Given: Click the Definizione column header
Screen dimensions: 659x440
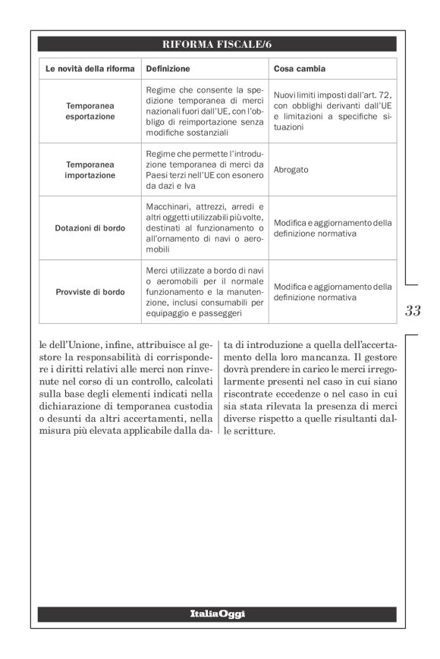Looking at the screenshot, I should click(167, 68).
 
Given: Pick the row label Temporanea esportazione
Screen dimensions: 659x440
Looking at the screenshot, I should click(90, 111).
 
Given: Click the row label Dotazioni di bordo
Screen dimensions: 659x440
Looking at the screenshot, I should click(90, 228).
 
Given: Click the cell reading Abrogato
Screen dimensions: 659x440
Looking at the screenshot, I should click(291, 170).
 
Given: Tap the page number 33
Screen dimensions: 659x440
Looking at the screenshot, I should click(413, 310).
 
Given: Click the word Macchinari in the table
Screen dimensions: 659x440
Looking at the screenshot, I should click(168, 206).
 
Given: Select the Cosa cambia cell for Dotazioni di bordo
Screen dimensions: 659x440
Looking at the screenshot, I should click(332, 228).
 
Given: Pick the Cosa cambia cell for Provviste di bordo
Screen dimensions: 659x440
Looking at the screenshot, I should click(332, 292).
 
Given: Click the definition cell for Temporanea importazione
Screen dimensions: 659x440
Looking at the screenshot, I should click(204, 170).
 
